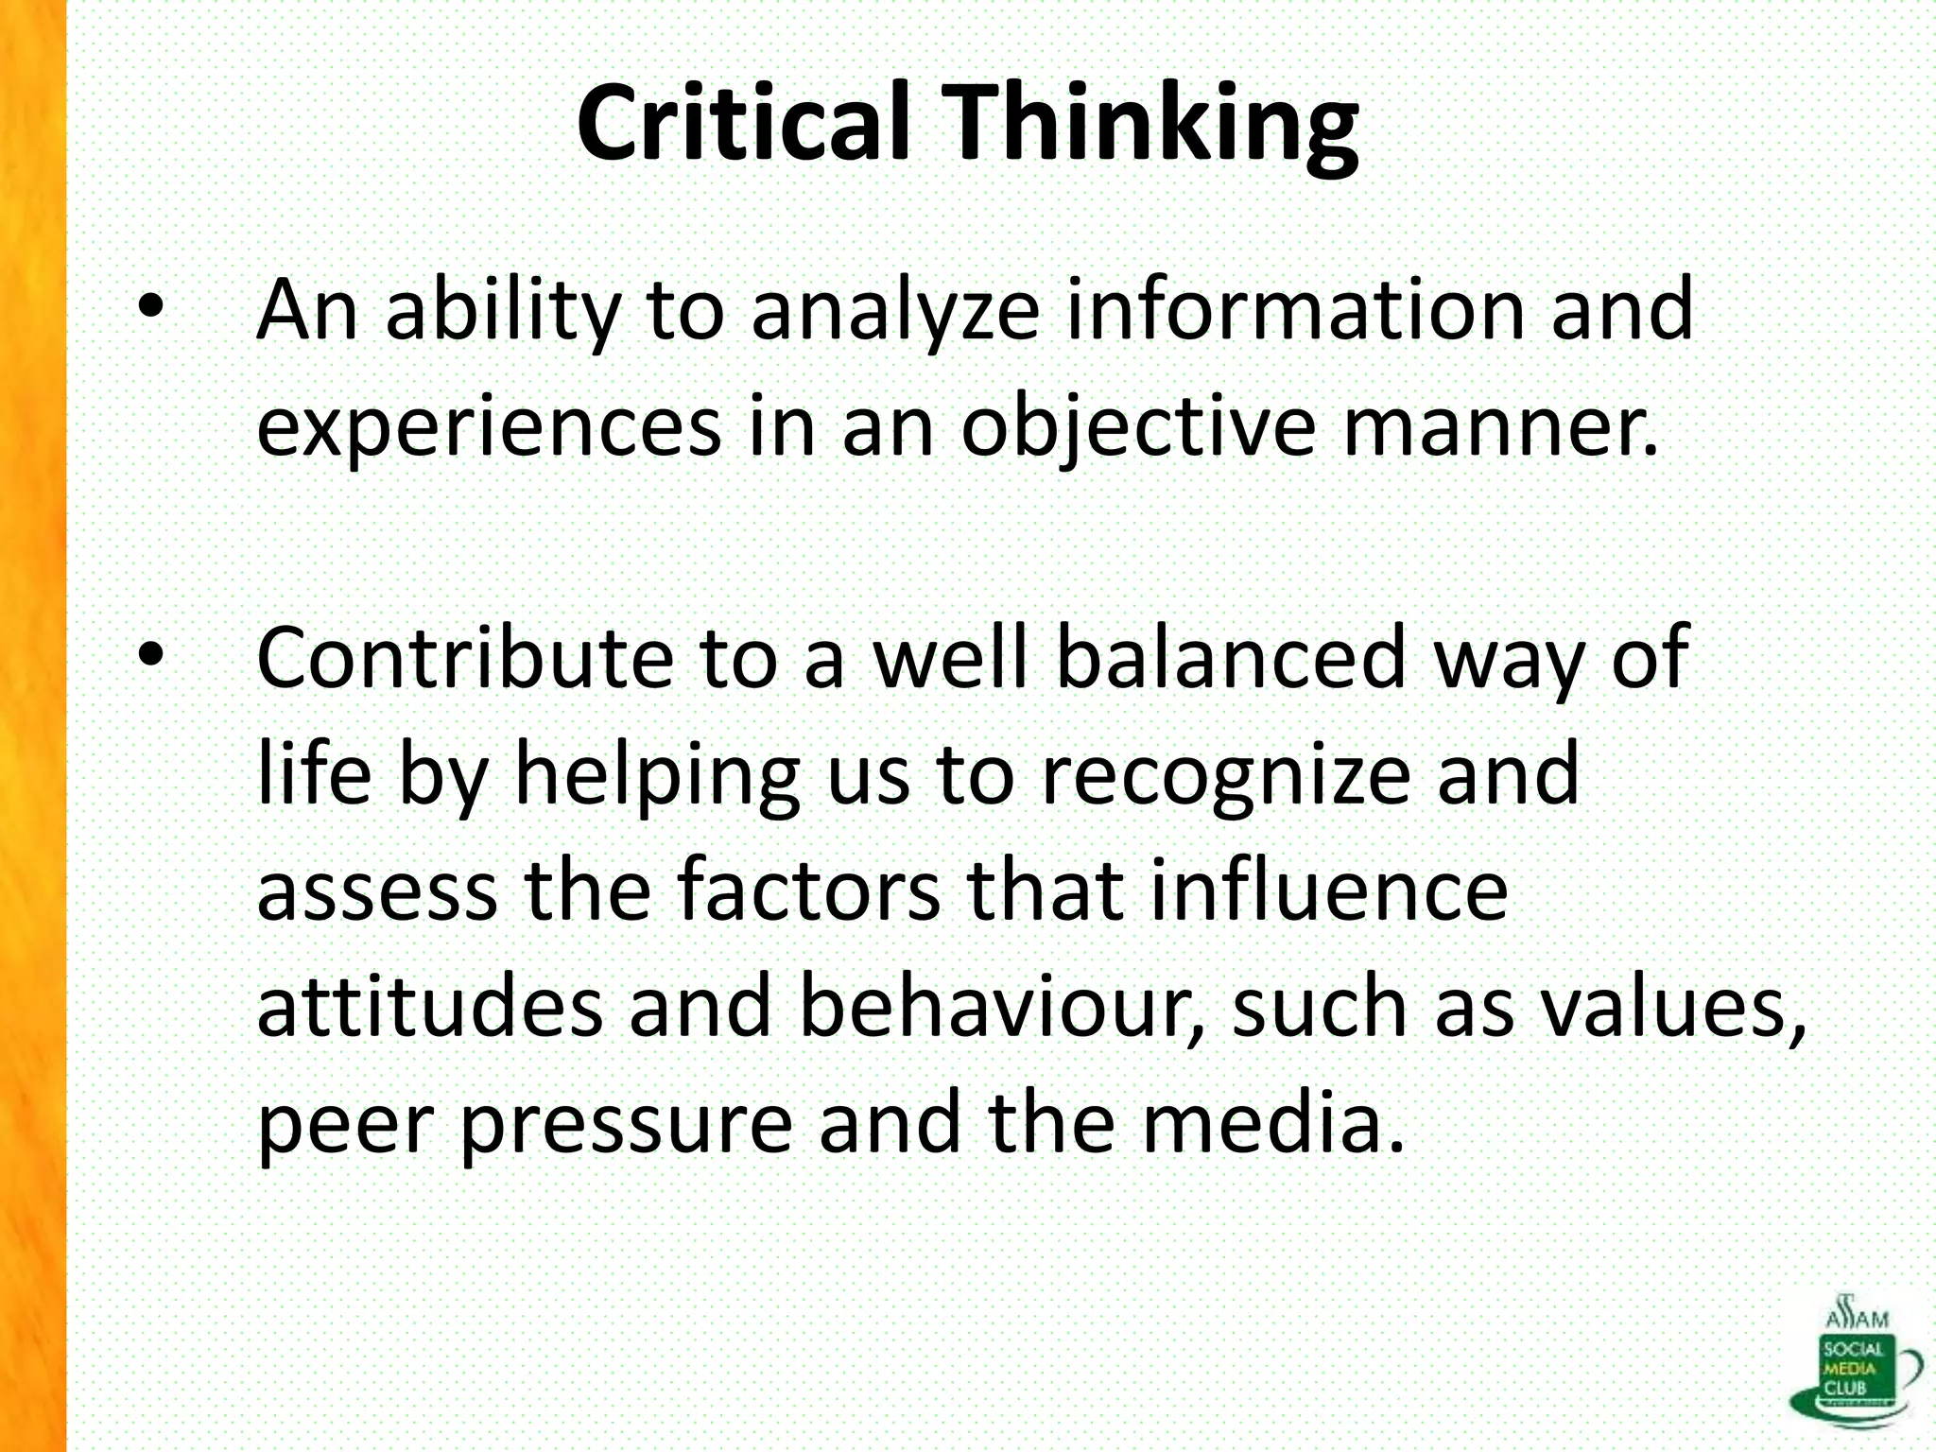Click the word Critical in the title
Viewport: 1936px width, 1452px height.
tap(743, 124)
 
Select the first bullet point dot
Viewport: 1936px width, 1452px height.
tap(150, 306)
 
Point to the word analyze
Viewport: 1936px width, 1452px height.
tap(896, 312)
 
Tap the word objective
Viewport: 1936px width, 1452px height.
tap(1138, 427)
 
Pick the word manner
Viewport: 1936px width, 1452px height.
tap(1500, 427)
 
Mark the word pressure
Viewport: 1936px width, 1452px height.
tap(627, 1125)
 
